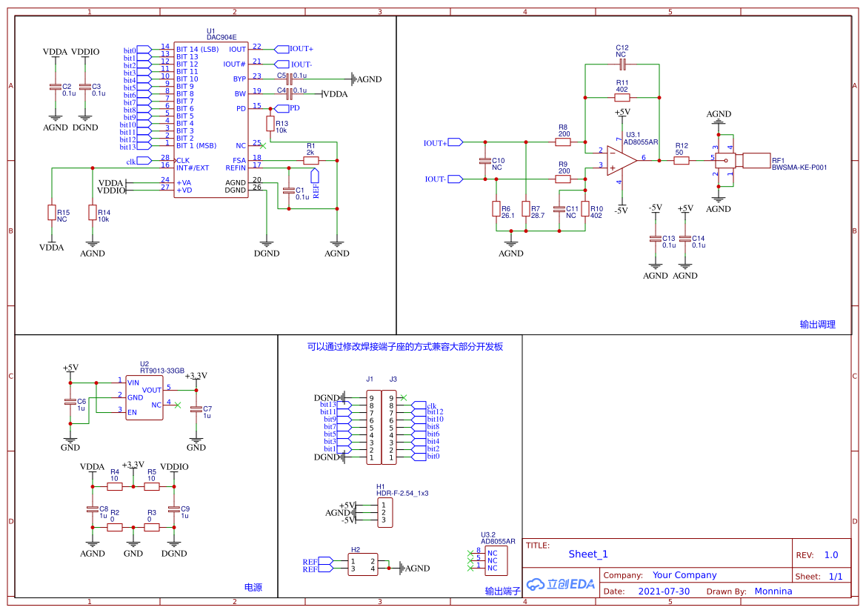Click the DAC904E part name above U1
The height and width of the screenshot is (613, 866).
(222, 37)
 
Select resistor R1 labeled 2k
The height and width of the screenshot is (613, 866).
(311, 160)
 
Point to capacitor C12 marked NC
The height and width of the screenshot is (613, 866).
(622, 65)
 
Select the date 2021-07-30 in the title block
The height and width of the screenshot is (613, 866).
(664, 592)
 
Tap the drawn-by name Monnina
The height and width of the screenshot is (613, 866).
(773, 592)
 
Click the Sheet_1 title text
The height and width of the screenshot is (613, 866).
(588, 554)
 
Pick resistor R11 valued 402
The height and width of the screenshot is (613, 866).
(622, 97)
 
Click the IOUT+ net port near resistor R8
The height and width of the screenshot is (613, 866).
(456, 142)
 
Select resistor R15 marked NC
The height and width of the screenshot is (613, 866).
(52, 213)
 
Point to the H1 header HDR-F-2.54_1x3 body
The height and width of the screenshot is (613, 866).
(383, 512)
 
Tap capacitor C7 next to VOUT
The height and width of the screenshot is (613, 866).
(196, 409)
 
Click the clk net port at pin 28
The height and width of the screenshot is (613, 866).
(144, 160)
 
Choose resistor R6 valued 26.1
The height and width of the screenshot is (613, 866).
(496, 209)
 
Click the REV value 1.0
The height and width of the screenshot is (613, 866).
(831, 555)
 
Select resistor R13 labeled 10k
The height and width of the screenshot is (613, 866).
(270, 124)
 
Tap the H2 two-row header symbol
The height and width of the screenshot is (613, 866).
(363, 565)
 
